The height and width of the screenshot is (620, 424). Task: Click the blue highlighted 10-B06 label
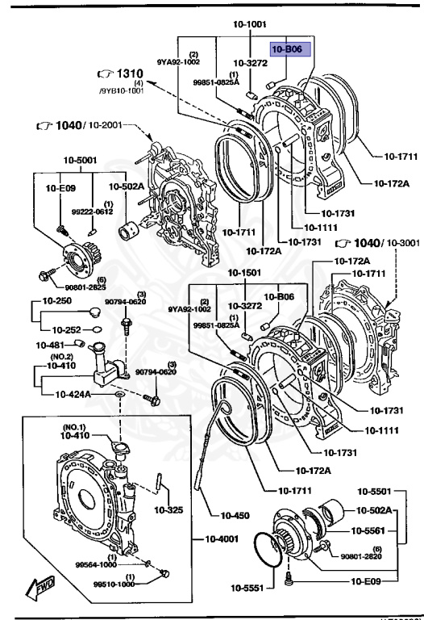(288, 51)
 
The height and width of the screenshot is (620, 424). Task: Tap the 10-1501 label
(243, 272)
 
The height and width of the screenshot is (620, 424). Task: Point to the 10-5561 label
(372, 531)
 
